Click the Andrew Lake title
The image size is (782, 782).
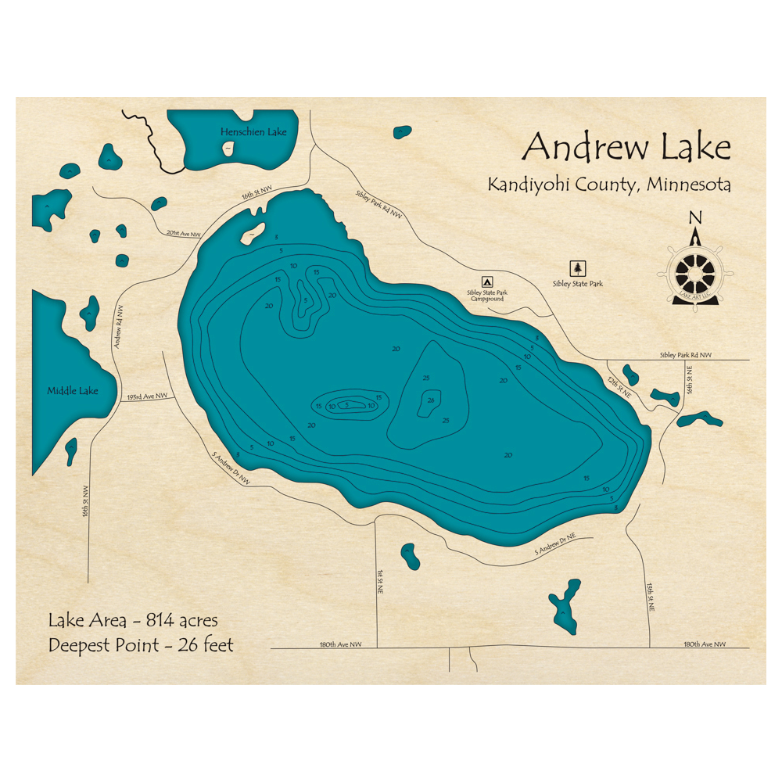626,146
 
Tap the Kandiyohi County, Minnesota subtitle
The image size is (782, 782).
609,185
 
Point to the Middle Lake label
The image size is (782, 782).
73,390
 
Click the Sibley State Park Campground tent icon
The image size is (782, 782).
486,281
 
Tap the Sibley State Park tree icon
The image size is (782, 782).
578,267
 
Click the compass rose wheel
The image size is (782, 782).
694,273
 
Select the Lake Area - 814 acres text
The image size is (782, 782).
133,621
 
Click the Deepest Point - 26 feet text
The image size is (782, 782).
141,645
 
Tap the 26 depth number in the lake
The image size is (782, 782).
431,400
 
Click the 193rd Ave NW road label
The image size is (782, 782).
147,396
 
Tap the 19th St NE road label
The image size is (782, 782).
650,597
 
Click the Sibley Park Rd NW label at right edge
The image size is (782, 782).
686,355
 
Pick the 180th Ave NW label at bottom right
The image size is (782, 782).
705,644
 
